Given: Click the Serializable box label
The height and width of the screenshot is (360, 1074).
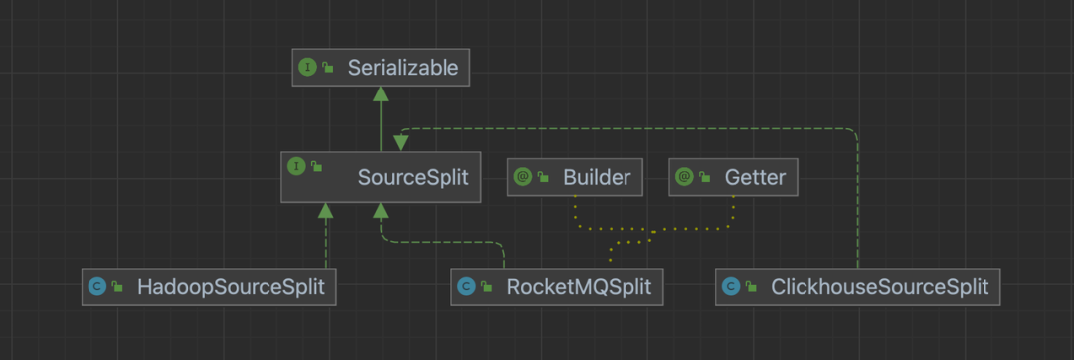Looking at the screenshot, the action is [403, 67].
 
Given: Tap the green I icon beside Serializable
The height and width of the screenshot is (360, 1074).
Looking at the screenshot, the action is [307, 67].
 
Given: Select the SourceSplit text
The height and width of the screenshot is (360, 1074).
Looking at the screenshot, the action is [413, 177].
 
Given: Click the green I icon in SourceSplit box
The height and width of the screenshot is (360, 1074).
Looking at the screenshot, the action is [296, 166].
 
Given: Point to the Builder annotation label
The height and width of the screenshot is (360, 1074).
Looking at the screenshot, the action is [597, 177].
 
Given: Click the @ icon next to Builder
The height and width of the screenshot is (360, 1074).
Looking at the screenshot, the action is [523, 177].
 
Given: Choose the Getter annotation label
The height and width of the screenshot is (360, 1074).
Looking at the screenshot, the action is [755, 177].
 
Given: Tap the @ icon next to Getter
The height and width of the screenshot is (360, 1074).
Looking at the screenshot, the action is [684, 177].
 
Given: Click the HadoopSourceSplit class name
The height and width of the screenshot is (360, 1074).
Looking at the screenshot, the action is [231, 286].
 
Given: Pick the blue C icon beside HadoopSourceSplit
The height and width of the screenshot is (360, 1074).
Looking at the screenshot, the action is [97, 286].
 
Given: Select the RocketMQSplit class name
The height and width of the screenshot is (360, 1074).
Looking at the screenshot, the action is [579, 286].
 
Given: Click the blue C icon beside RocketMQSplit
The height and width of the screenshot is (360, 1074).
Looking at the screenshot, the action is [466, 286].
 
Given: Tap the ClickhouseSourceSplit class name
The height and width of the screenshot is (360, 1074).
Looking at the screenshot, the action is [879, 286].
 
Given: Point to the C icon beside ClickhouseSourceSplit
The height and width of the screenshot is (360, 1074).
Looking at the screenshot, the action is [731, 286].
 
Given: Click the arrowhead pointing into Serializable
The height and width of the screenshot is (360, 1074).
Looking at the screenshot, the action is [381, 93].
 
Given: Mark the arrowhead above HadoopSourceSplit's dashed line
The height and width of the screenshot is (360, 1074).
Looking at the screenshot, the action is [326, 211].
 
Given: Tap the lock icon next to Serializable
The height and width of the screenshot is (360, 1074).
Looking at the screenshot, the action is [328, 67].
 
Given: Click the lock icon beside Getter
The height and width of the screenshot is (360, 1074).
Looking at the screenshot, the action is [705, 177].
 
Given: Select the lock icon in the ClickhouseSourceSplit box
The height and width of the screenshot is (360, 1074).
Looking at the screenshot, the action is [752, 286].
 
